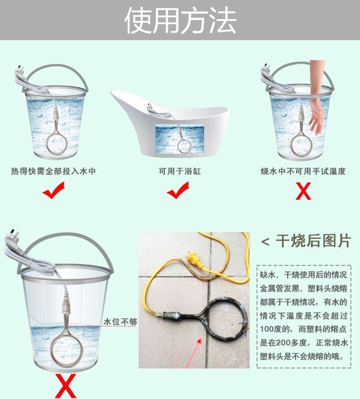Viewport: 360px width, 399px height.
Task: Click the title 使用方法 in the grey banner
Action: coord(181,20)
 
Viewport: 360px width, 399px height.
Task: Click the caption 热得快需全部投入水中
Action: coord(53,171)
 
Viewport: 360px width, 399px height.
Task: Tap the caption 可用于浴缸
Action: coord(179,171)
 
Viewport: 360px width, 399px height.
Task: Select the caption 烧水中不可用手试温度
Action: coord(303,171)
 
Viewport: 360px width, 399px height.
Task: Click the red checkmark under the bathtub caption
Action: coord(178,190)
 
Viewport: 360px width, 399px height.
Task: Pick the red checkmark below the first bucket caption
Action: coord(53,190)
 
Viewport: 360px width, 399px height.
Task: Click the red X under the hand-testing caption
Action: coord(303,191)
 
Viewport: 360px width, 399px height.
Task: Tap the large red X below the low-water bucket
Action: coord(66,386)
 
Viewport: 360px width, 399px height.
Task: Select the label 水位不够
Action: coord(120,322)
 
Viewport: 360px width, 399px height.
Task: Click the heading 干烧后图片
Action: coord(314,240)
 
